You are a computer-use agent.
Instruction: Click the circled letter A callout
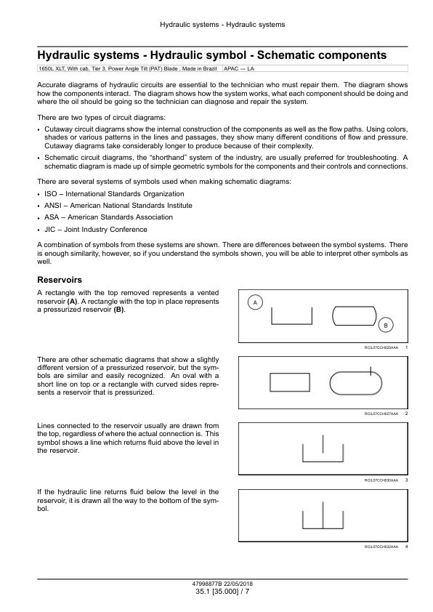tap(256, 302)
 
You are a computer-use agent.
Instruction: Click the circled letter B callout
tap(386, 325)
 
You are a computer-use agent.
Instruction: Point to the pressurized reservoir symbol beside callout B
tap(355, 315)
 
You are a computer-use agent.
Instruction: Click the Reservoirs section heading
tap(60, 280)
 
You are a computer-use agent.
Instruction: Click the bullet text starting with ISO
tap(114, 194)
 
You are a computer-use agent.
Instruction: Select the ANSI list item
tap(118, 205)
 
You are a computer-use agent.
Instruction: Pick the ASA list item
tap(108, 217)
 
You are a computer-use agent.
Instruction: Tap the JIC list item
tap(96, 230)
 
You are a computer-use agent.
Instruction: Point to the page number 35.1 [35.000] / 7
tap(222, 591)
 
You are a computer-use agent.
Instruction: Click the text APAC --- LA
tap(239, 69)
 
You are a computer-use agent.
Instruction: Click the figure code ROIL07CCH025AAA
tap(381, 347)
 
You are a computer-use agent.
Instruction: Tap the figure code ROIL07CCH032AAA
tap(381, 547)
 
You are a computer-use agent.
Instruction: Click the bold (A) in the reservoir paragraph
tap(72, 302)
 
